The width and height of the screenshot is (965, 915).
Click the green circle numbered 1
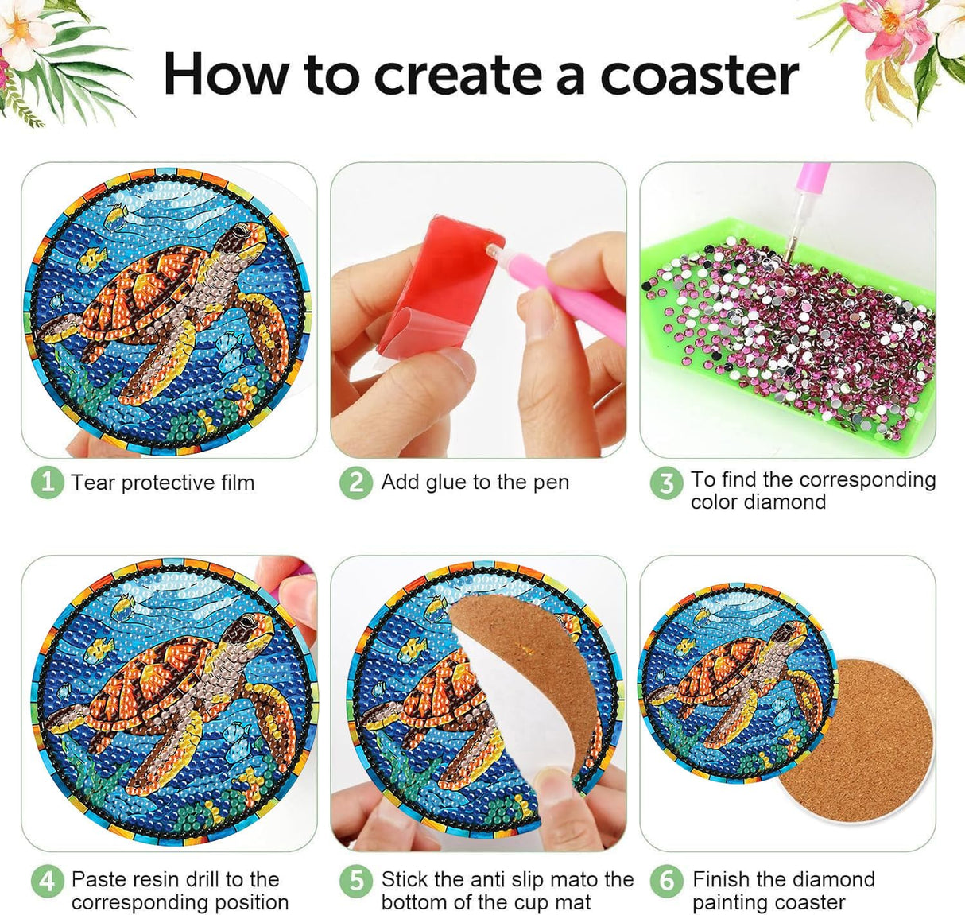pyautogui.click(x=47, y=483)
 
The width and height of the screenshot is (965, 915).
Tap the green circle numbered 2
pyautogui.click(x=356, y=483)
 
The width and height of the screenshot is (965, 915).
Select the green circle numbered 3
pyautogui.click(x=666, y=483)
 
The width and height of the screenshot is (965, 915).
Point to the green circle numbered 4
pyautogui.click(x=47, y=881)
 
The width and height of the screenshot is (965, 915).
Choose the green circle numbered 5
pyautogui.click(x=356, y=881)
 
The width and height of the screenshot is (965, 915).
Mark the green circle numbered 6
pyautogui.click(x=666, y=881)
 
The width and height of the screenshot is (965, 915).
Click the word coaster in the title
pyautogui.click(x=699, y=76)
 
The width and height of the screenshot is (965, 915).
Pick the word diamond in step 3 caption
pyautogui.click(x=793, y=502)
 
